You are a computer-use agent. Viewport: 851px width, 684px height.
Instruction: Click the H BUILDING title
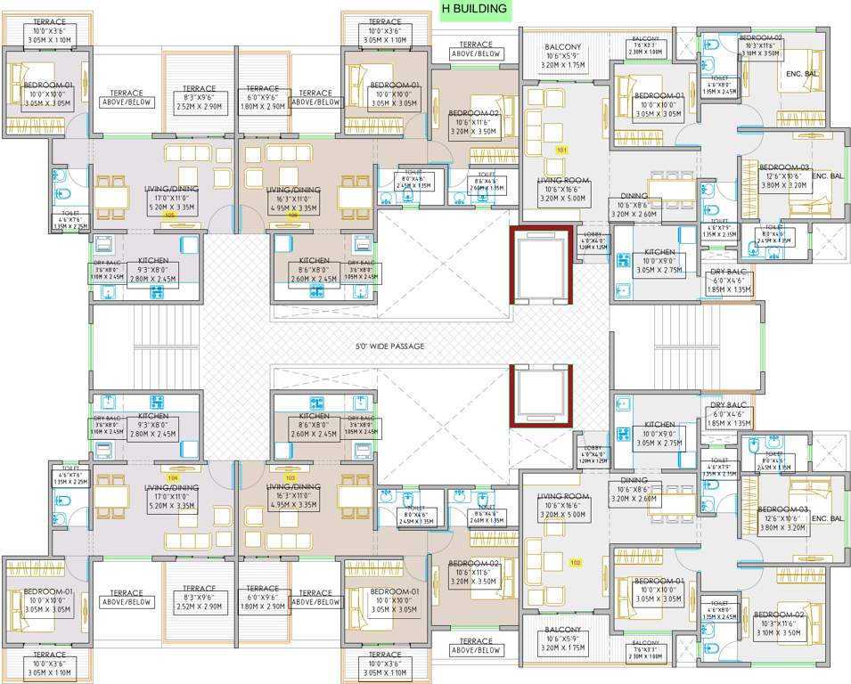pyautogui.click(x=474, y=10)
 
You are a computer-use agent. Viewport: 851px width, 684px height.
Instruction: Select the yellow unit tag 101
pyautogui.click(x=561, y=151)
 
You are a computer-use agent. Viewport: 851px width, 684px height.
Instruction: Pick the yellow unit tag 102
pyautogui.click(x=576, y=561)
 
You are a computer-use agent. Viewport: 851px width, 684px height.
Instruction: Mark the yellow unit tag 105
pyautogui.click(x=168, y=215)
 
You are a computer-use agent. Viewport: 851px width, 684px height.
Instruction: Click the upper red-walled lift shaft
pyautogui.click(x=540, y=265)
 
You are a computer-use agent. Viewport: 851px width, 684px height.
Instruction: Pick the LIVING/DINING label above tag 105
pyautogui.click(x=172, y=190)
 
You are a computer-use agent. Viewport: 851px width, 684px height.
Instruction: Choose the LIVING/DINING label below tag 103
pyautogui.click(x=294, y=487)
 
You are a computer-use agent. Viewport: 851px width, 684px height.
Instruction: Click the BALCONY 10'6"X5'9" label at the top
pyautogui.click(x=563, y=47)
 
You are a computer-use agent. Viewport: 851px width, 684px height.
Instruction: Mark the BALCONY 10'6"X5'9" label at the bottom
pyautogui.click(x=563, y=630)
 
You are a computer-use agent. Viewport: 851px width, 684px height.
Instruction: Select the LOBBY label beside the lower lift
pyautogui.click(x=593, y=447)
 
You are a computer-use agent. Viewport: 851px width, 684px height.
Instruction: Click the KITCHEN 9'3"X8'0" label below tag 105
pyautogui.click(x=153, y=262)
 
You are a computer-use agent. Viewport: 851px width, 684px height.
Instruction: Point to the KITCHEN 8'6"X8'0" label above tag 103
pyautogui.click(x=315, y=416)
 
